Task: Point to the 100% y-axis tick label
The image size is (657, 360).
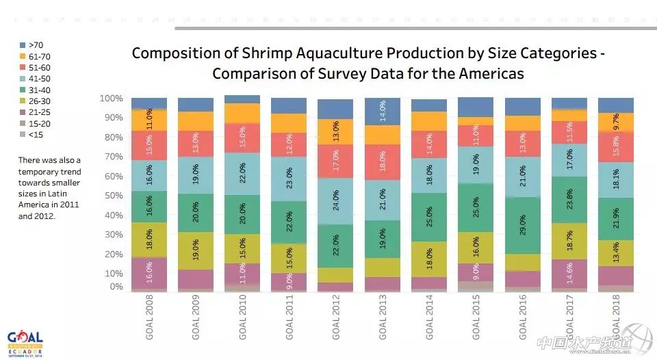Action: pyautogui.click(x=110, y=99)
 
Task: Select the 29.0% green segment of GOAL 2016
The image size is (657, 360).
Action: pyautogui.click(x=522, y=226)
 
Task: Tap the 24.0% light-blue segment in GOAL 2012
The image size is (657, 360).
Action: pyautogui.click(x=335, y=202)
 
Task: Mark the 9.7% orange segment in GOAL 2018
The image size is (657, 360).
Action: pyautogui.click(x=615, y=122)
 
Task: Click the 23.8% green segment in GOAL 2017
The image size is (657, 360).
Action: pyautogui.click(x=569, y=201)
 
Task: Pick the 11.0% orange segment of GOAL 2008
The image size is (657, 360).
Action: pyautogui.click(x=149, y=120)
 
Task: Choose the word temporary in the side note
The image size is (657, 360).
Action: pyautogui.click(x=40, y=171)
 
